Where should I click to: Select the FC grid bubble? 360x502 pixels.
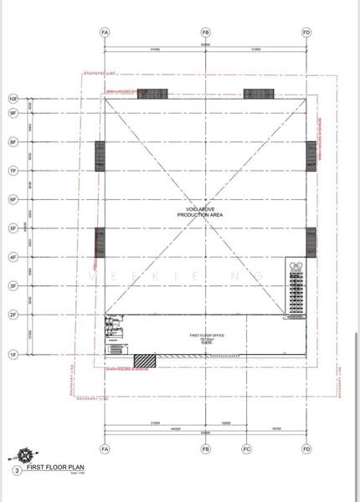(x=245, y=450)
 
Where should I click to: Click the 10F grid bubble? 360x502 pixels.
(x=13, y=97)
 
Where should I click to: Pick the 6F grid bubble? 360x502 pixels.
(x=13, y=199)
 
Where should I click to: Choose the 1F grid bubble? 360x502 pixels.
(x=13, y=356)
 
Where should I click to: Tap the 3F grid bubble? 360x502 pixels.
(x=13, y=286)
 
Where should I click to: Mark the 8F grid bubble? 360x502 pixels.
(x=13, y=142)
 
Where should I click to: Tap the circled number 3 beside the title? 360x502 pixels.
(x=16, y=471)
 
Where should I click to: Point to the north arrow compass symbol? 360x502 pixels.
(x=28, y=456)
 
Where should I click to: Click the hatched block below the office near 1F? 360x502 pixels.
(x=145, y=360)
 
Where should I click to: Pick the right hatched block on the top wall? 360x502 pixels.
(x=255, y=93)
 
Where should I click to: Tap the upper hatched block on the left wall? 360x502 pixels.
(x=100, y=156)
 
